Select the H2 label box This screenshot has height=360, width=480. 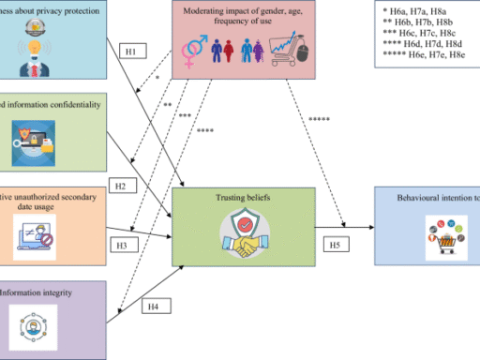click(121, 186)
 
